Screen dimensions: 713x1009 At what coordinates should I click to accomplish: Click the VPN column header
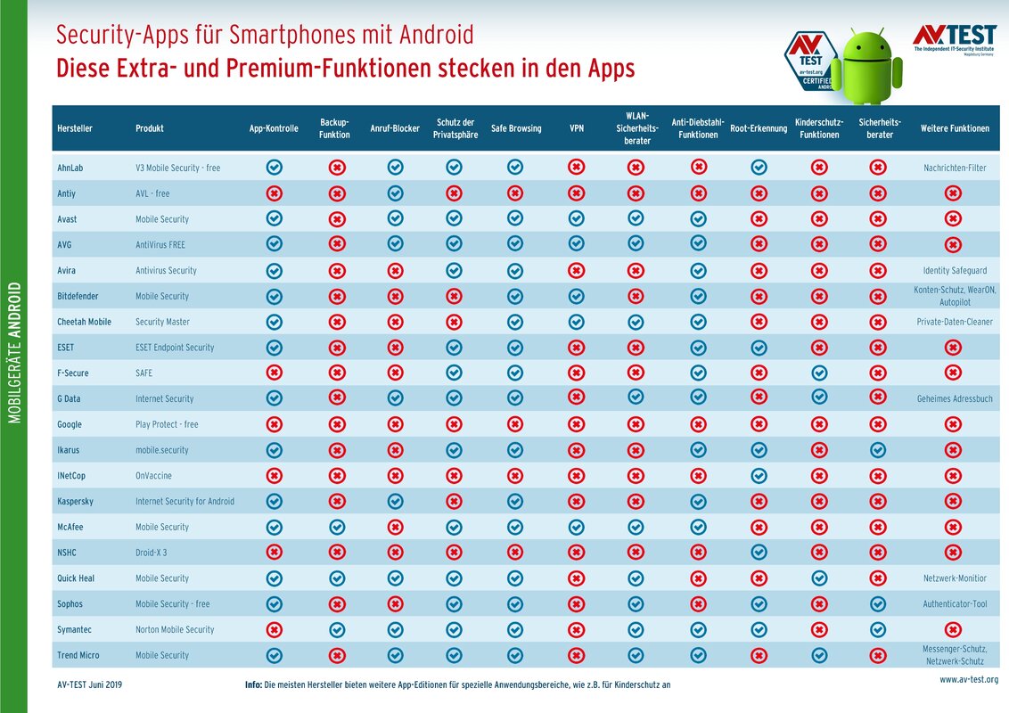[577, 128]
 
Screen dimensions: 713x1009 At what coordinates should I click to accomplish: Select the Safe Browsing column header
[516, 128]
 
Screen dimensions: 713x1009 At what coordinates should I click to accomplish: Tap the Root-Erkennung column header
[759, 128]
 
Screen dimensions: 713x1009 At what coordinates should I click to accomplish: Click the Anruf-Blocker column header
[395, 128]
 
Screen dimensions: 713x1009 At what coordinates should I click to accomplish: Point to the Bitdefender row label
[78, 296]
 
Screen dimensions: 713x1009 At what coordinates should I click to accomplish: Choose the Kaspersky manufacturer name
[75, 501]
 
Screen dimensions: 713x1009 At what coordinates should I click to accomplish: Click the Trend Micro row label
[78, 655]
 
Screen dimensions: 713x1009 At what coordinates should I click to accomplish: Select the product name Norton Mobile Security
[175, 629]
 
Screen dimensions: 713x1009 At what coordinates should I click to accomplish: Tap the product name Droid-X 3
[152, 553]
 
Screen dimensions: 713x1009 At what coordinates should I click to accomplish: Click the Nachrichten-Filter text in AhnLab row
[955, 168]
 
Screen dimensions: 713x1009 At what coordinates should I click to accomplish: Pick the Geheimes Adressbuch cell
[955, 398]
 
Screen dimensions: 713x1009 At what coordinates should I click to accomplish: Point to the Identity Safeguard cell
[955, 270]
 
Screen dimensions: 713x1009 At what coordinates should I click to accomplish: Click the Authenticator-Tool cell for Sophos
[955, 604]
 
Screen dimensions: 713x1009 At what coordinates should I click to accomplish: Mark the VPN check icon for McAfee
[577, 527]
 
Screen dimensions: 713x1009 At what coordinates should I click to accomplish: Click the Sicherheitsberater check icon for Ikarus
[878, 450]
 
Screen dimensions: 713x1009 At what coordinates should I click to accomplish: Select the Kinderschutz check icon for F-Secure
[819, 373]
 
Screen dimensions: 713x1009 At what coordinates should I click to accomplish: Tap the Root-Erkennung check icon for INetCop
[759, 476]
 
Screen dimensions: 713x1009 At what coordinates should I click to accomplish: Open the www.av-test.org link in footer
[969, 680]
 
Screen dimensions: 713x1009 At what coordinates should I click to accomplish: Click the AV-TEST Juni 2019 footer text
[90, 684]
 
